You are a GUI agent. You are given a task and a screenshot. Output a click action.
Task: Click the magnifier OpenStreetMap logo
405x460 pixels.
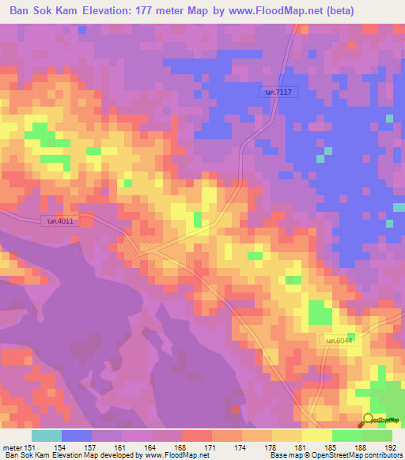(x=368, y=420)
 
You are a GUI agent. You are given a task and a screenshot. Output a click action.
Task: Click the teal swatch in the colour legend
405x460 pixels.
(x=46, y=435)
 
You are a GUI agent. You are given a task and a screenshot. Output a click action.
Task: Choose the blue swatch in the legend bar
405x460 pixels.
(x=76, y=435)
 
